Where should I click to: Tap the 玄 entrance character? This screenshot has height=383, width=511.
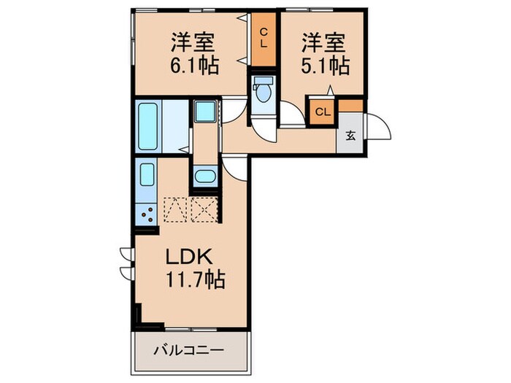tap(351, 136)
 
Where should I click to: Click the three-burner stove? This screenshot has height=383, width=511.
tap(147, 213)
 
